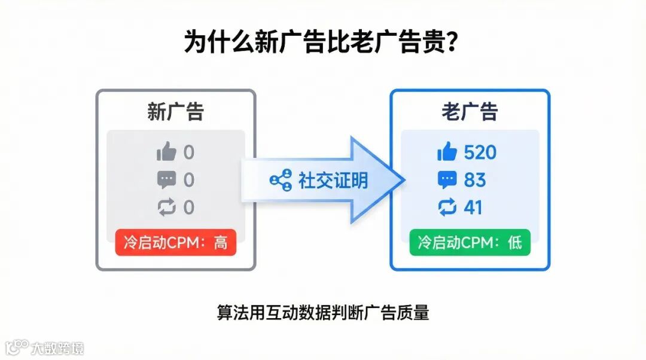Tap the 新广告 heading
[176, 112]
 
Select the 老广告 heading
[470, 112]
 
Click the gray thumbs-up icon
[166, 152]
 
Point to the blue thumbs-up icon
[447, 152]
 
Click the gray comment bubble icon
[166, 180]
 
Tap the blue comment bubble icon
[447, 180]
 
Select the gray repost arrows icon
[166, 208]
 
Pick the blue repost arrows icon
[447, 208]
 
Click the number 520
[480, 152]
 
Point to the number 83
[475, 180]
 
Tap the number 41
[473, 208]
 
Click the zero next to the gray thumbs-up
[188, 152]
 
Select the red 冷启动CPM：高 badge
[176, 243]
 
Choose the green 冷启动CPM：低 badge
[470, 243]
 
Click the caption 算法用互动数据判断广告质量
[323, 313]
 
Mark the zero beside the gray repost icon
[188, 208]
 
